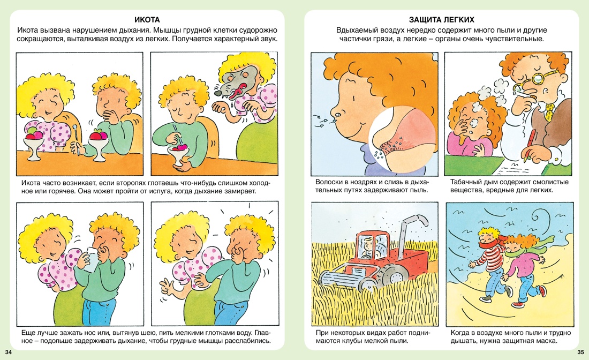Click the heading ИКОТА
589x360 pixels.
click(x=147, y=20)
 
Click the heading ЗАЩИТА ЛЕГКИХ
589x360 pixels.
click(x=441, y=20)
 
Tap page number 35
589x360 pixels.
click(x=580, y=352)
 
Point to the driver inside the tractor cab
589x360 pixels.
click(x=366, y=248)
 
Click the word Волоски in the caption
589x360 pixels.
click(x=329, y=182)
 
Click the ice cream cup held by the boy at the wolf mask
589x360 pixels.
click(x=178, y=155)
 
